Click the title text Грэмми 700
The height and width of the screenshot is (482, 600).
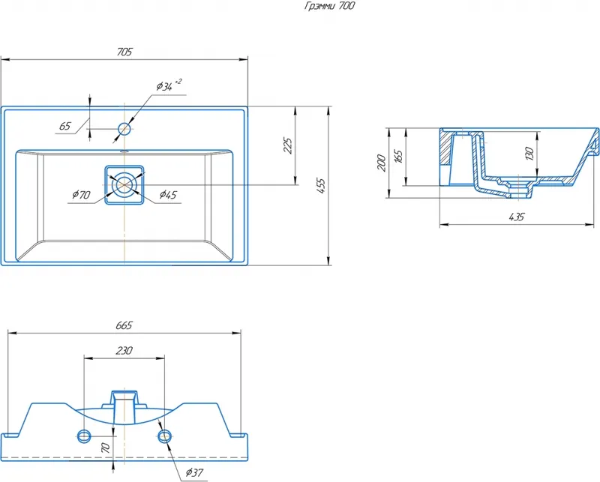(329, 6)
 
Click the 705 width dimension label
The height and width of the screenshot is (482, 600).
(124, 52)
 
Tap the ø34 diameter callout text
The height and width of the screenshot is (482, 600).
(169, 85)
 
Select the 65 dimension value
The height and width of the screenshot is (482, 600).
(65, 126)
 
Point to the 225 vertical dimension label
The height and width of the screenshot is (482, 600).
(288, 145)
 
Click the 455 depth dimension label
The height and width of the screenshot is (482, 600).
(321, 186)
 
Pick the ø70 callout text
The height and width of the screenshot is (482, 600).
(81, 195)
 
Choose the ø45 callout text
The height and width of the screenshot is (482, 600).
(168, 195)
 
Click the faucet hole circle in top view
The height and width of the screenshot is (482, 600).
(124, 129)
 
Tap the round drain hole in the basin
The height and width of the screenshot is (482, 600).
(124, 184)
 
